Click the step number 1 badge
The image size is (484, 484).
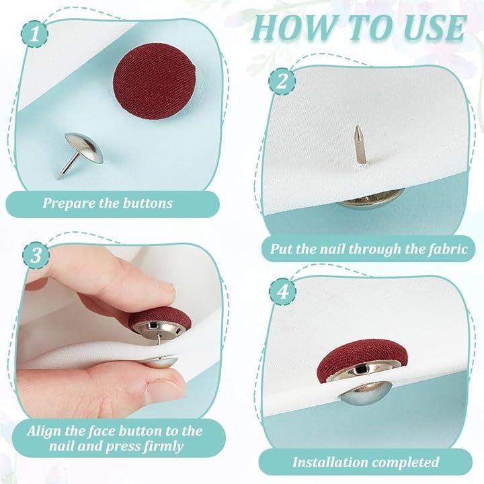click(x=34, y=34)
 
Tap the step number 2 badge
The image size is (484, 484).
click(x=282, y=81)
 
